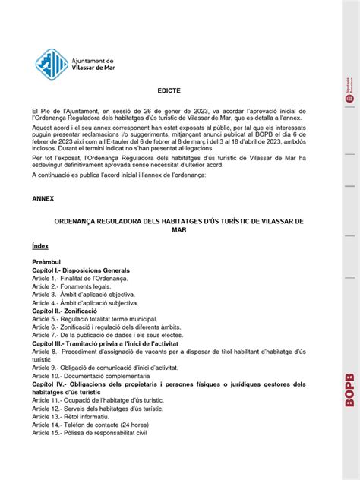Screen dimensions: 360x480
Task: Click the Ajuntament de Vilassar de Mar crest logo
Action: [52, 65]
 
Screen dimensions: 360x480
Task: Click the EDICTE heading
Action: [169, 90]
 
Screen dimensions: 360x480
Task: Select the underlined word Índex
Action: [40, 246]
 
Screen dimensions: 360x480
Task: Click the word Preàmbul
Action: [47, 261]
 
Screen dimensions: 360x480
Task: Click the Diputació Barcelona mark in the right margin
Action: [349, 89]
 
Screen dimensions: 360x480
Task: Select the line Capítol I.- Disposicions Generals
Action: [81, 270]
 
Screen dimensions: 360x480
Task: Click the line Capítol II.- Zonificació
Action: [65, 311]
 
